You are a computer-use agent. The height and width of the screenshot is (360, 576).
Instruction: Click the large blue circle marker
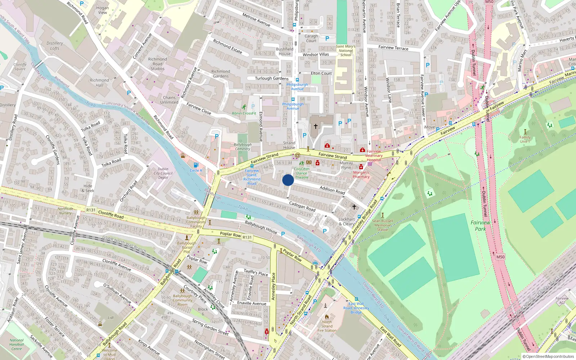[x=288, y=180]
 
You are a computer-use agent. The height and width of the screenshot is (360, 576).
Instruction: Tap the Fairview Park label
[x=480, y=226]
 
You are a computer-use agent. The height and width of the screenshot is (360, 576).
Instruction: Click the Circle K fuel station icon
[x=195, y=165]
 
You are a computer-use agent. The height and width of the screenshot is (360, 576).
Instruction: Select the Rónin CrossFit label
[x=244, y=113]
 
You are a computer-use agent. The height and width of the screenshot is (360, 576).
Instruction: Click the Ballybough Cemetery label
[x=243, y=147]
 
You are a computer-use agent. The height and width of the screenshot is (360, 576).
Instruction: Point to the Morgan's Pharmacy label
[x=361, y=175]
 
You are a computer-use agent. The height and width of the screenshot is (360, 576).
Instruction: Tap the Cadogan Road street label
[x=302, y=206]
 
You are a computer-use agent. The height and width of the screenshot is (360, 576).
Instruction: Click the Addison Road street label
[x=332, y=190]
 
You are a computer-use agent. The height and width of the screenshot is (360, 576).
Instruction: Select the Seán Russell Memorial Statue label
[x=382, y=225]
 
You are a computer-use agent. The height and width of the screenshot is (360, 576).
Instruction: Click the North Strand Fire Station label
[x=327, y=326]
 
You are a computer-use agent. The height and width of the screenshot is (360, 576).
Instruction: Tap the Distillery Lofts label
[x=55, y=46]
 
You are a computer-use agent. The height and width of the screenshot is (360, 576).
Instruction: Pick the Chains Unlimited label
[x=169, y=100]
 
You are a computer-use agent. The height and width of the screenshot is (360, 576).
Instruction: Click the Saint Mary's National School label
[x=346, y=50]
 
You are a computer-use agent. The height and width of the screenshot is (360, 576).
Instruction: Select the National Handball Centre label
[x=17, y=345]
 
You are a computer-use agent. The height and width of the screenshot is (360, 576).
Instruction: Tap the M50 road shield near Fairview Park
[x=500, y=257]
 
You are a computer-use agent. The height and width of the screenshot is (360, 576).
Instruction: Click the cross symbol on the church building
[x=316, y=126]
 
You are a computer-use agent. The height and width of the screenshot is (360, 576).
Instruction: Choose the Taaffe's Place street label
[x=256, y=273]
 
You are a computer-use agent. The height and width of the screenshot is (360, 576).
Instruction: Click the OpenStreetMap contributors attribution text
[x=548, y=356]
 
